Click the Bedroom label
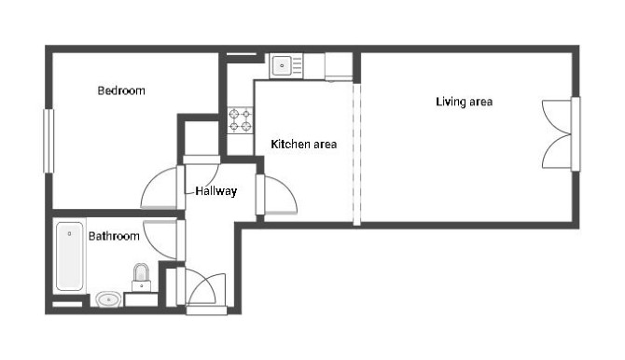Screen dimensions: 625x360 121,90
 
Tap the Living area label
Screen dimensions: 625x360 464,102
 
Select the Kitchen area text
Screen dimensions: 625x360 304,144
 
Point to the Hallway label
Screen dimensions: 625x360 216,191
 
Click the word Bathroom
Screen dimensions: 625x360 114,236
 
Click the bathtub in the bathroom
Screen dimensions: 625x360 70,256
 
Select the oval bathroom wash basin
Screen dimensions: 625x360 109,299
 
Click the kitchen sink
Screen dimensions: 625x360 283,65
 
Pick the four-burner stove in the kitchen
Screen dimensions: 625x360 241,120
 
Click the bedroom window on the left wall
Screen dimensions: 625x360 49,141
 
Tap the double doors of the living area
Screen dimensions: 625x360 557,134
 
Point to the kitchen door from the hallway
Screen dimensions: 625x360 277,195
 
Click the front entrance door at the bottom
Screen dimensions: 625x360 206,290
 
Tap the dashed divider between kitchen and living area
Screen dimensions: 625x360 356,154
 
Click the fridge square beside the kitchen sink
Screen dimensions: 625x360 339,66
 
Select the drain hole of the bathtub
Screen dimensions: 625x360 69,233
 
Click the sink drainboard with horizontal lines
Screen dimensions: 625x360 297,65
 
